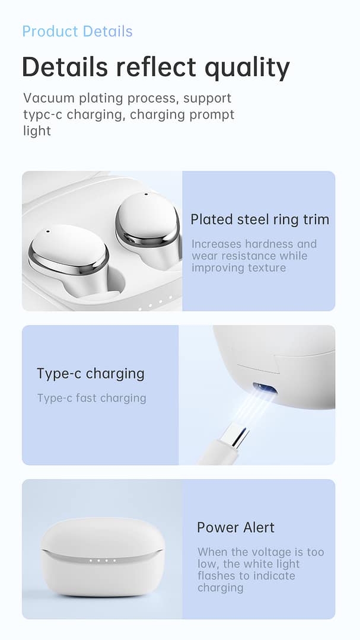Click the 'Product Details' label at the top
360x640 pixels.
pyautogui.click(x=77, y=31)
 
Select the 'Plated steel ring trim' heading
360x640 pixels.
pyautogui.click(x=259, y=219)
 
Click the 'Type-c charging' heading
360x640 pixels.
pyautogui.click(x=91, y=374)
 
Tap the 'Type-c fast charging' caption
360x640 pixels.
pyautogui.click(x=91, y=398)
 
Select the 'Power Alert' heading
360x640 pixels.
pyautogui.click(x=235, y=527)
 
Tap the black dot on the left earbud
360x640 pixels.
pyautogui.click(x=47, y=231)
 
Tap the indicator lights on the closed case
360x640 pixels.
pyautogui.click(x=102, y=560)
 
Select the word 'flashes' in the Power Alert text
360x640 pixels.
pyautogui.click(x=216, y=576)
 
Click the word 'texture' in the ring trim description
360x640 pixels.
pyautogui.click(x=266, y=268)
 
